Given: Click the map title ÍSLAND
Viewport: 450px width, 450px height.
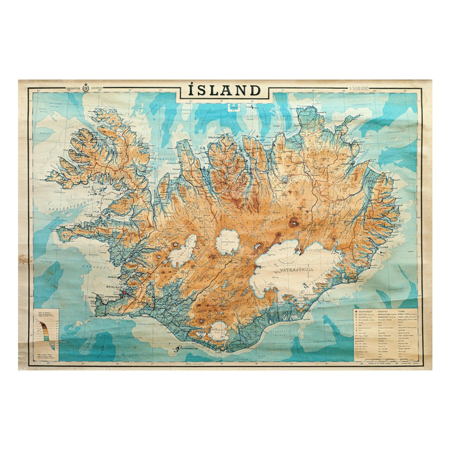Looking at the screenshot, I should coord(225,91).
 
